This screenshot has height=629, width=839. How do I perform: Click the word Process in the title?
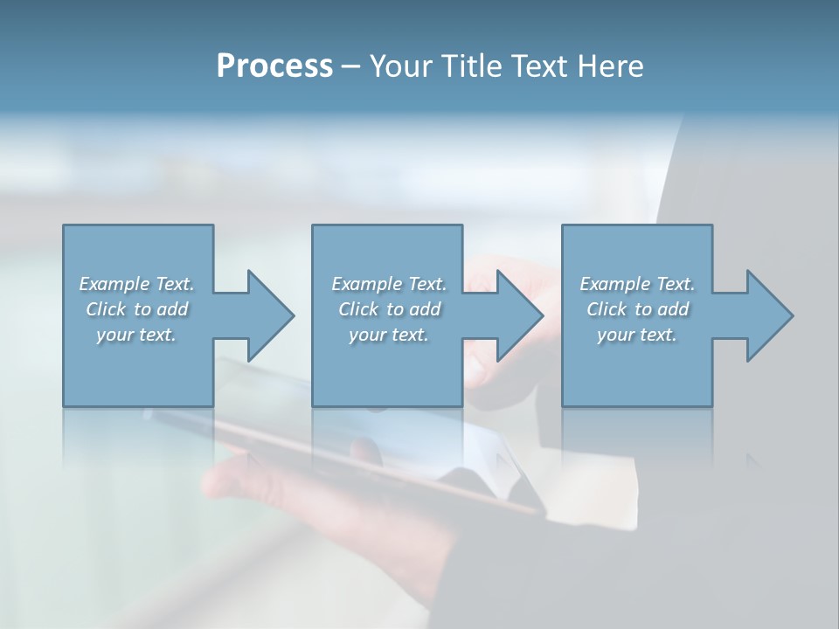pos(274,66)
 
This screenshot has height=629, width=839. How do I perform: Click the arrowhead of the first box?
pos(270,315)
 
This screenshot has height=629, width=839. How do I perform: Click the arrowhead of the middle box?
pos(519,315)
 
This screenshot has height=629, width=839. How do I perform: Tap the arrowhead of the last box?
pos(769,315)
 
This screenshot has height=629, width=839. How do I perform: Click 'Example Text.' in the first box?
pos(136,284)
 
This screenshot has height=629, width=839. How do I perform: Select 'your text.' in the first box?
pos(136,335)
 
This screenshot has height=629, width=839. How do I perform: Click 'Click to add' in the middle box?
pos(389,309)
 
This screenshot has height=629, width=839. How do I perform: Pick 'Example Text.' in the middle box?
pos(389,284)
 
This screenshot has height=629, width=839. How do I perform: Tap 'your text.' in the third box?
pos(637,335)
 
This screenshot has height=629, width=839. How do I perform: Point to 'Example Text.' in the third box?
pos(637,284)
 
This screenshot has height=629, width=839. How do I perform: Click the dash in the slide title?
pos(351,66)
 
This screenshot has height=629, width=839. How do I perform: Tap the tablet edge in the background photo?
pos(350,463)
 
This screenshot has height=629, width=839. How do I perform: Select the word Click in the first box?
pos(106,309)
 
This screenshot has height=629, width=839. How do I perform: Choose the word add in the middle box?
pos(425,309)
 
